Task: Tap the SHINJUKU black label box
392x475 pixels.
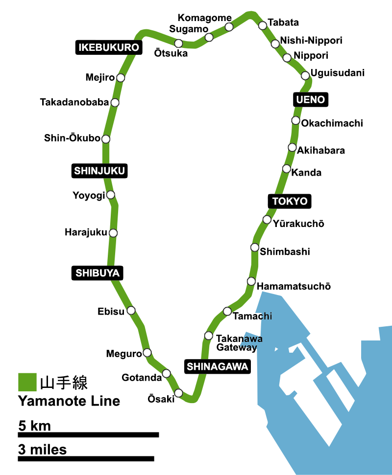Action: pos(100,171)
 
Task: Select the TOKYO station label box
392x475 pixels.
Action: pos(290,201)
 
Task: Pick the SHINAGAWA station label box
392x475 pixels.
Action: pos(218,366)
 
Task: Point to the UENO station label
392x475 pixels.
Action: pos(311,100)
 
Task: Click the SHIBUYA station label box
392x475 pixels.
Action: pos(98,273)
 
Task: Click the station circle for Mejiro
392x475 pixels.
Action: pos(121,78)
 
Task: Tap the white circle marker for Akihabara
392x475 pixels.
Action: pos(292,147)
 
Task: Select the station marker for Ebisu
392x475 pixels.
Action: pos(131,310)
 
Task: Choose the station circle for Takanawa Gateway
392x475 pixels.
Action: pos(208,336)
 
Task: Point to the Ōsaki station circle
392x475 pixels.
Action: pos(178,393)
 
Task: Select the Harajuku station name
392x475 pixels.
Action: pos(86,232)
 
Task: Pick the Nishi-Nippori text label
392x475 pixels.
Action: pos(311,41)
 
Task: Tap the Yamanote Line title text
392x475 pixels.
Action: pos(69,401)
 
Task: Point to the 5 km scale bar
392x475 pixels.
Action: pos(89,434)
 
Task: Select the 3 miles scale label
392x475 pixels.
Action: pos(42,449)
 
